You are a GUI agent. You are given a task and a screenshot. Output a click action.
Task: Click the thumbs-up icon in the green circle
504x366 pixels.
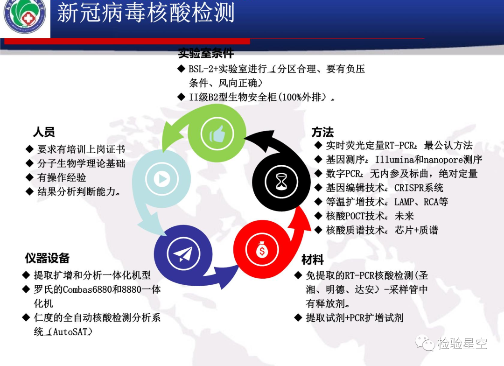click(x=217, y=134)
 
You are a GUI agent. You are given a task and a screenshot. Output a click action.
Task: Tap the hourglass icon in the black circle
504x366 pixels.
click(x=281, y=182)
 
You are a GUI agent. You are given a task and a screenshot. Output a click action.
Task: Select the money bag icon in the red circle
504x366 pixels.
click(x=262, y=250)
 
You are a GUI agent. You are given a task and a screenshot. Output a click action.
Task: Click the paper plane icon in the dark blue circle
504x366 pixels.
click(x=183, y=254)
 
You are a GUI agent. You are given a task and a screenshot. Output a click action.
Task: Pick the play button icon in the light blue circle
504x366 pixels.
click(x=161, y=178)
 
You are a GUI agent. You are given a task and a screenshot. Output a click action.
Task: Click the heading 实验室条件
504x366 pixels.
click(x=206, y=53)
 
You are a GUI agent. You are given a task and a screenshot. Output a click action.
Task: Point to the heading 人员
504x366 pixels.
click(x=44, y=132)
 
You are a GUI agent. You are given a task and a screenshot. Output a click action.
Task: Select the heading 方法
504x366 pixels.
click(x=322, y=132)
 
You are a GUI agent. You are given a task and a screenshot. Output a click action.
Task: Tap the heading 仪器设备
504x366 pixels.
click(x=47, y=258)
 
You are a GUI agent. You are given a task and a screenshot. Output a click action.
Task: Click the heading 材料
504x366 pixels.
click(x=312, y=260)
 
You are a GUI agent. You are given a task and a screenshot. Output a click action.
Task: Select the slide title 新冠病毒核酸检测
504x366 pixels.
click(x=146, y=13)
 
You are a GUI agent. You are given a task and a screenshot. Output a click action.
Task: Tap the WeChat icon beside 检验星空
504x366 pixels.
click(x=425, y=343)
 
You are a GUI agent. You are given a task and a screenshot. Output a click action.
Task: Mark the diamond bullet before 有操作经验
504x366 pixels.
click(x=29, y=177)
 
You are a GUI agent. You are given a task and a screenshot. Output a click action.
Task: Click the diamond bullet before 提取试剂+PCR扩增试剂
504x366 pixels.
click(x=298, y=318)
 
